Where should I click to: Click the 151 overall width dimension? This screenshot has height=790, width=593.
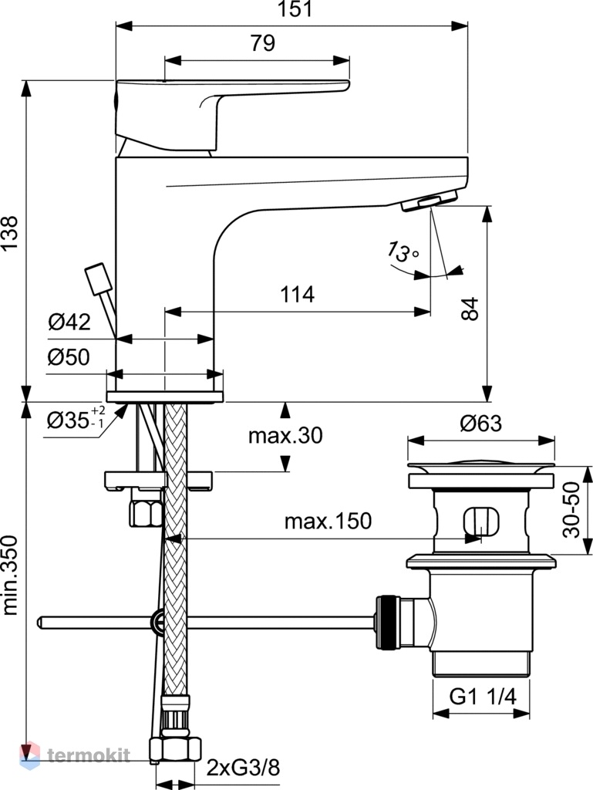click(x=295, y=9)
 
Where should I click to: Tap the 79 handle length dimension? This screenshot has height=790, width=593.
click(x=263, y=43)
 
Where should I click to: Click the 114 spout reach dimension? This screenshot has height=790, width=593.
click(x=298, y=294)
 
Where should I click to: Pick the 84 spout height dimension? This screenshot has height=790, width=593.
click(x=470, y=309)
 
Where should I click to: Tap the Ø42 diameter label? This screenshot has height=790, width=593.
click(x=69, y=322)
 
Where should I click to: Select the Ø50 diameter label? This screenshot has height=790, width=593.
click(x=69, y=356)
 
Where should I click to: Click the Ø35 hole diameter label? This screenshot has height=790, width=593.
click(x=76, y=418)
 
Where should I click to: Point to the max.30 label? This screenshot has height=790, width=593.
click(x=285, y=435)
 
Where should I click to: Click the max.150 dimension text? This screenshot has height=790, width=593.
click(x=329, y=521)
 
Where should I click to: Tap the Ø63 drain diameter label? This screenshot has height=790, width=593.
click(x=481, y=424)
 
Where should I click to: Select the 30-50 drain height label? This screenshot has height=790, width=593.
click(x=571, y=510)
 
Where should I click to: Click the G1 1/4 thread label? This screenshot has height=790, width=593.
click(x=483, y=697)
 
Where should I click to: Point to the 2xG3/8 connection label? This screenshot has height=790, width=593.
click(x=243, y=768)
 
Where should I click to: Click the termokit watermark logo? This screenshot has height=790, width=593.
click(x=75, y=755)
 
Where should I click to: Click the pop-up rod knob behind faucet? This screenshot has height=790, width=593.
click(x=98, y=279)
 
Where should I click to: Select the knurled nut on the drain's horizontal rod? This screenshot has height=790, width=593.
click(x=388, y=623)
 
